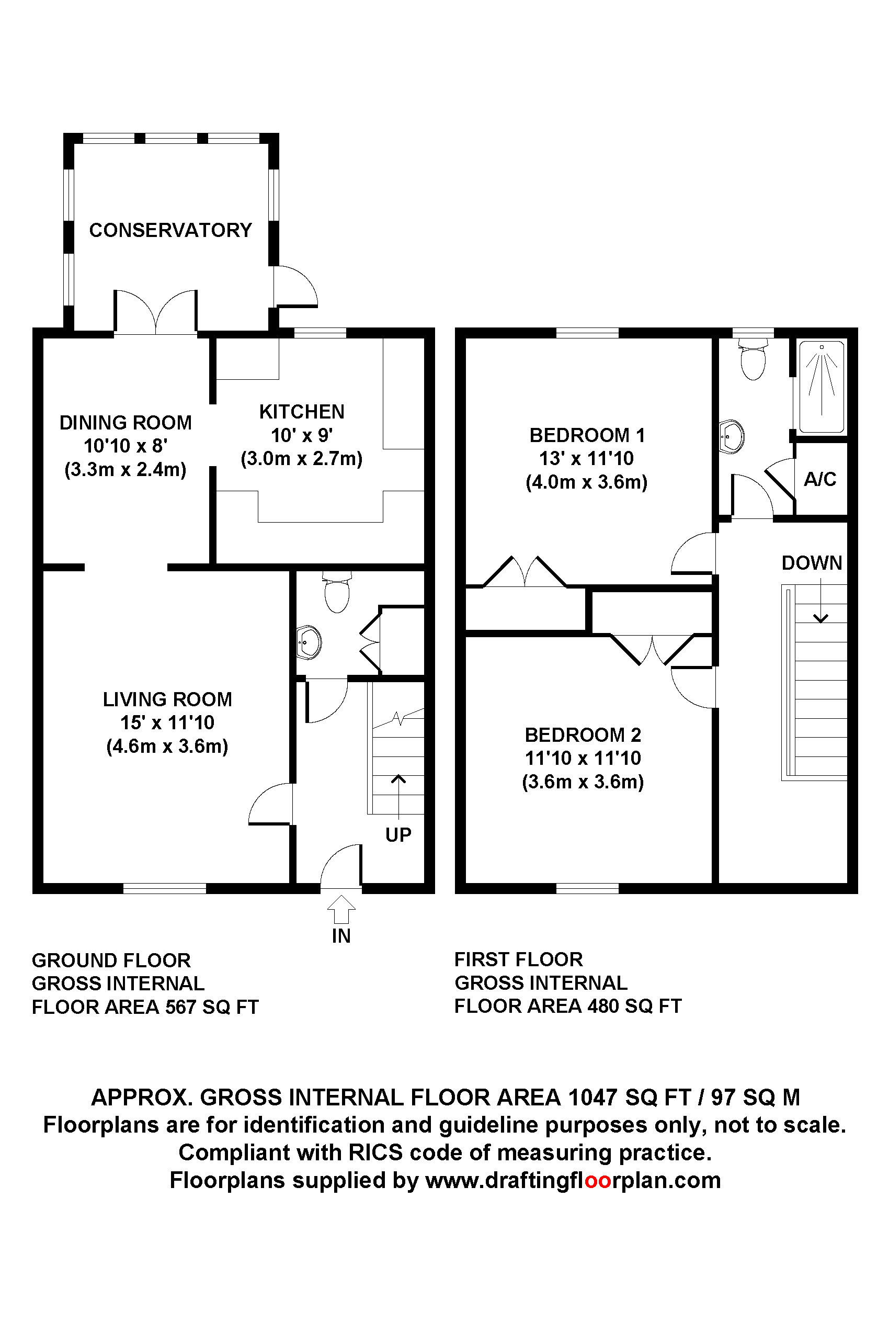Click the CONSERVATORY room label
click(x=170, y=230)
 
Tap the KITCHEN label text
click(x=302, y=412)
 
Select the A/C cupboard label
click(x=820, y=479)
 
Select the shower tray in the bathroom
click(x=822, y=387)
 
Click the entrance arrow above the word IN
click(x=341, y=909)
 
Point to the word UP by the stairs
click(x=398, y=835)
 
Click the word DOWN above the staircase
click(x=812, y=563)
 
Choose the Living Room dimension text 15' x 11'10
click(x=167, y=722)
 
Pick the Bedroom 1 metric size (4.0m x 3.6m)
click(x=587, y=482)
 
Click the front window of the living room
click(x=164, y=888)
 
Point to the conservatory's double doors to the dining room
click(x=156, y=312)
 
